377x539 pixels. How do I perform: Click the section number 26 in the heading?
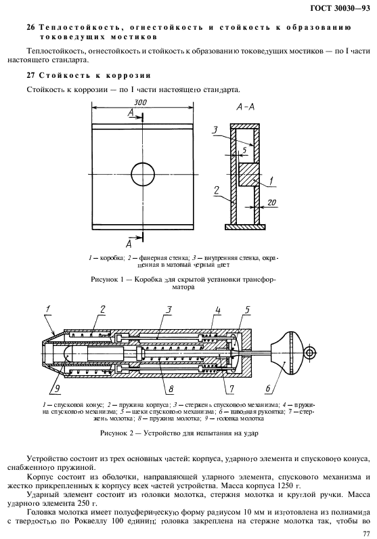30,27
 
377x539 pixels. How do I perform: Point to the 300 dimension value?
141,102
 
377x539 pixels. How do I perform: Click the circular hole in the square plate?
143,174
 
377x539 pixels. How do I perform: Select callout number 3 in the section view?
214,129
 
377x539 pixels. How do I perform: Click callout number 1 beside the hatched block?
271,181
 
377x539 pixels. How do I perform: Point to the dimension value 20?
271,202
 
